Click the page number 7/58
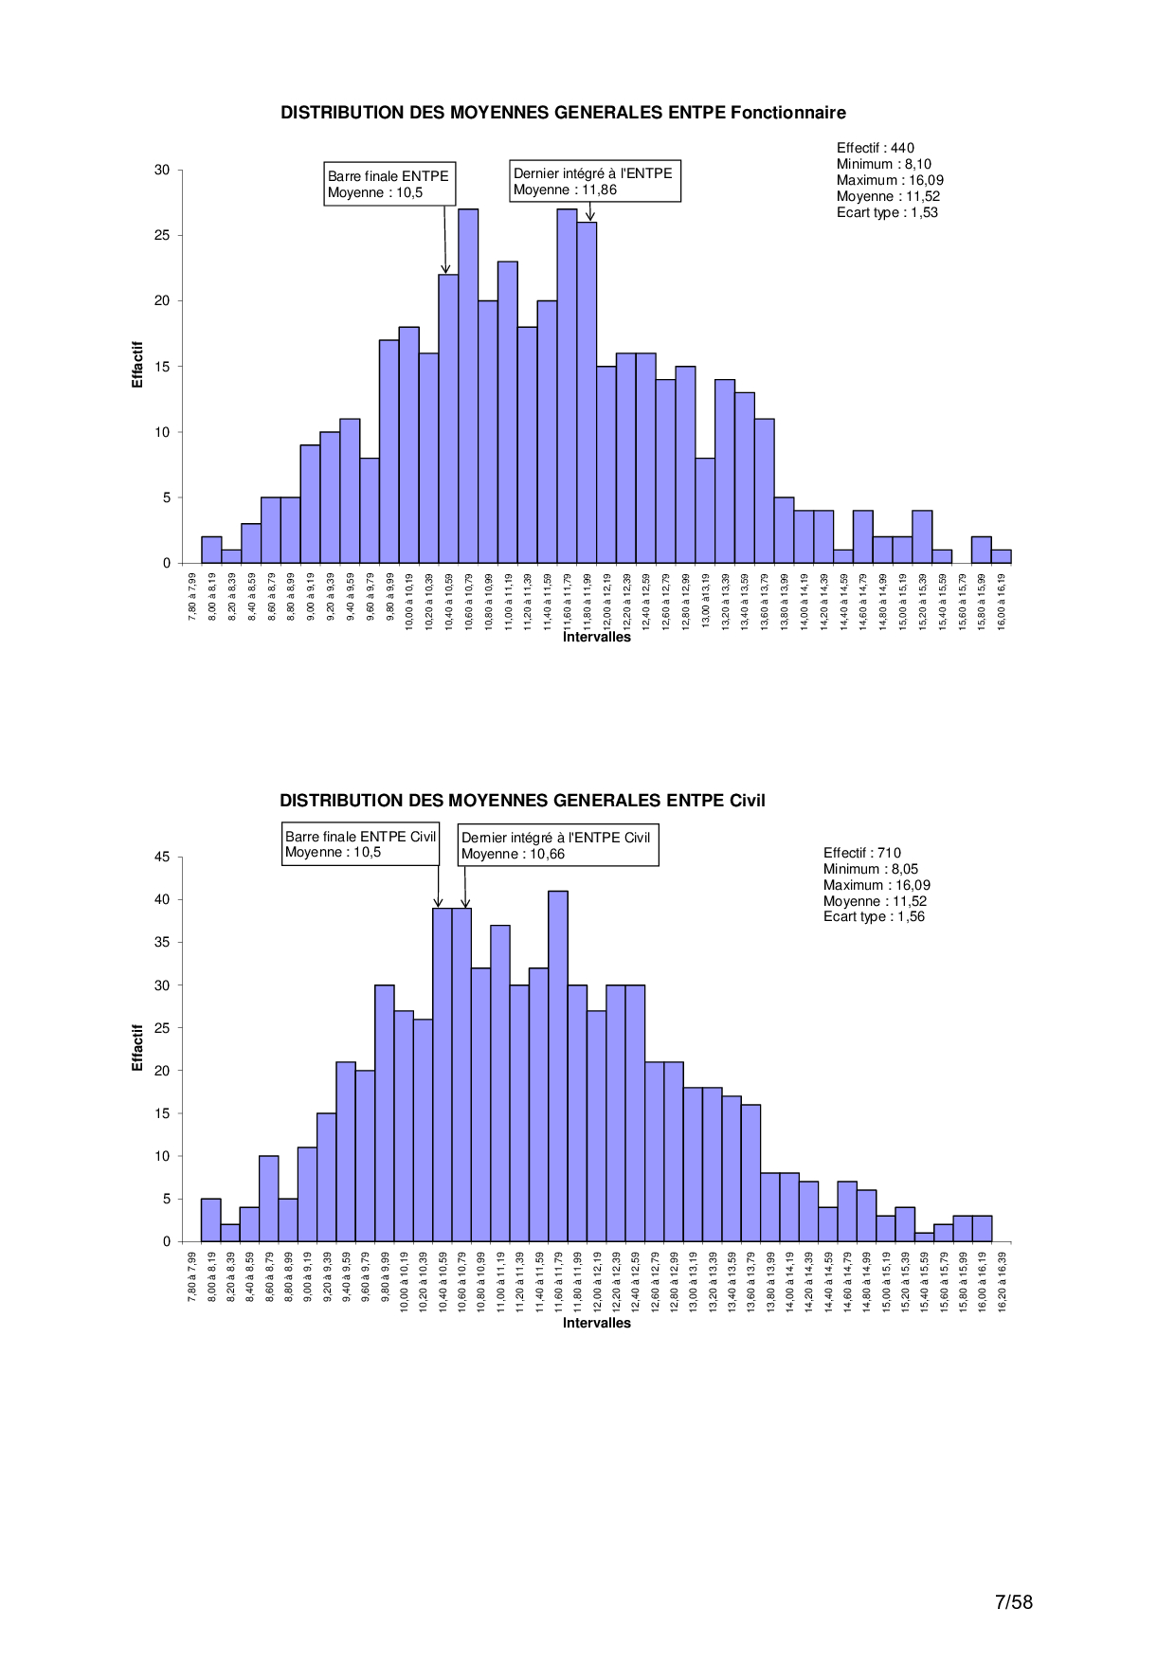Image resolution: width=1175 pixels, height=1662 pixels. [x=1013, y=1602]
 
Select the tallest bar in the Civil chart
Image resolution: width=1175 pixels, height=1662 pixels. [x=558, y=1066]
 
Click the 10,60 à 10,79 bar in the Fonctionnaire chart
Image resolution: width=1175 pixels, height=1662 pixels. [x=468, y=386]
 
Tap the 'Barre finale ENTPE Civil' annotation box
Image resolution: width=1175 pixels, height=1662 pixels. [x=360, y=844]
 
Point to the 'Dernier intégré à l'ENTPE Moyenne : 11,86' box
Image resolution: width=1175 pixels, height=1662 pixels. [x=594, y=181]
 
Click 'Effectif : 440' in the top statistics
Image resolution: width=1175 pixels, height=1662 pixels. [x=875, y=148]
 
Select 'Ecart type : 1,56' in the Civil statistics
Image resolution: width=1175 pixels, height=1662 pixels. [x=874, y=916]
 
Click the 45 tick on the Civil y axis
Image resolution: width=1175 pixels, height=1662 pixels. [x=162, y=857]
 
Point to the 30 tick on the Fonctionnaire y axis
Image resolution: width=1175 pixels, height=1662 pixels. [x=162, y=170]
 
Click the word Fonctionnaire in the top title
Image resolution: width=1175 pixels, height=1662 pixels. [x=787, y=113]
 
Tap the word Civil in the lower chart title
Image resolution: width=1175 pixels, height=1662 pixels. [x=747, y=801]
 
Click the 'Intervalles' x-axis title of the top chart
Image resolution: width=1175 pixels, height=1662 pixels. [x=596, y=637]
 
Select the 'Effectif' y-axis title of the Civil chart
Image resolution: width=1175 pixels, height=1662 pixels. [x=137, y=1048]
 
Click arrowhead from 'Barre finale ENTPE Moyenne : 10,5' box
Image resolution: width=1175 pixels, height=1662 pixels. [x=446, y=270]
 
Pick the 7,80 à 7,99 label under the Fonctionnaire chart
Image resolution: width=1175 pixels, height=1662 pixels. [x=192, y=594]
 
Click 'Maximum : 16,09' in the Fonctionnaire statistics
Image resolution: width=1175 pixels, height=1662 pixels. [x=890, y=180]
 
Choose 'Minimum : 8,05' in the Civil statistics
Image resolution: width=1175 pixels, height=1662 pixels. [x=870, y=869]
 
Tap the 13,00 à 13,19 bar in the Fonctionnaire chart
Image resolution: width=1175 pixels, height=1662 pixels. [x=705, y=511]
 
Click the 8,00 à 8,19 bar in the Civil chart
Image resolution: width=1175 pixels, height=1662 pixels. [x=210, y=1220]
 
